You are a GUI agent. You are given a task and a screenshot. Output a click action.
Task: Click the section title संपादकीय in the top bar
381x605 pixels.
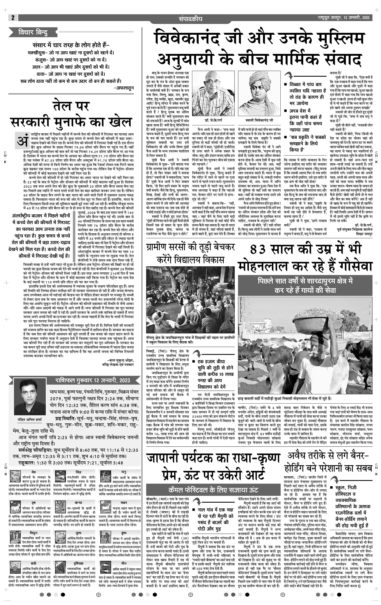tap(190, 19)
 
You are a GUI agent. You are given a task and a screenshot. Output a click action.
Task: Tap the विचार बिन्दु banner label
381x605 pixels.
tap(33, 32)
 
